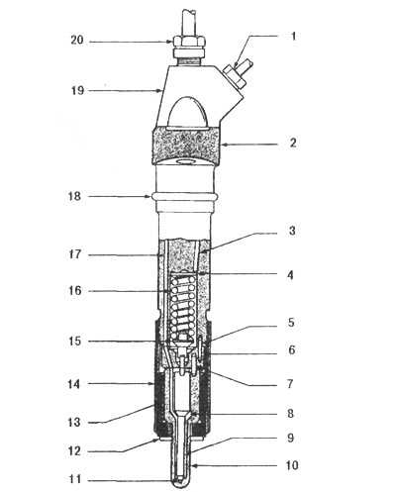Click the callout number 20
[77, 41]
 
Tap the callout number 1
[293, 37]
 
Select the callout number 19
[78, 90]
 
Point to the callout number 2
[293, 143]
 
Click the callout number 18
[74, 196]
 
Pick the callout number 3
[292, 231]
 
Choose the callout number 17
[75, 254]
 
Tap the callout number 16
[75, 291]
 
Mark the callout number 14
[74, 384]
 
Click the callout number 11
[75, 479]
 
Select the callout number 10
[292, 465]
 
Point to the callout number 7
[290, 384]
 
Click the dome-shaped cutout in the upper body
[188, 113]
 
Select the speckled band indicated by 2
[186, 146]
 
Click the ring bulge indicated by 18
[185, 196]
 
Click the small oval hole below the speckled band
[187, 161]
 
